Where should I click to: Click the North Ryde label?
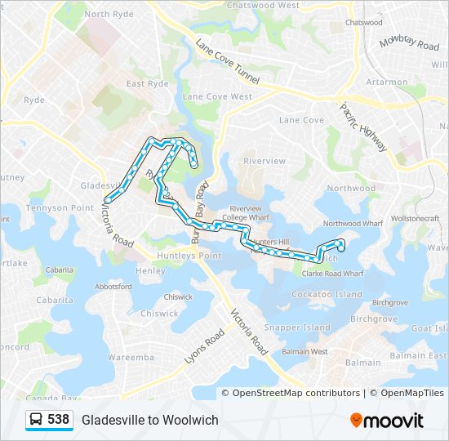pyautogui.click(x=108, y=14)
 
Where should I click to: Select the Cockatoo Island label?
pyautogui.click(x=327, y=294)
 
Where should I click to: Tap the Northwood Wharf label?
pyautogui.click(x=353, y=223)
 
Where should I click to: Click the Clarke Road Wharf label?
pyautogui.click(x=327, y=274)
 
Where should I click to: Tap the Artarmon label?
pyautogui.click(x=387, y=82)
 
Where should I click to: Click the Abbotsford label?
pyautogui.click(x=113, y=287)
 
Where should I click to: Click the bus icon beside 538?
pyautogui.click(x=37, y=420)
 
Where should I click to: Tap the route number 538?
pyautogui.click(x=58, y=420)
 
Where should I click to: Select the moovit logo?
pyautogui.click(x=387, y=421)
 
